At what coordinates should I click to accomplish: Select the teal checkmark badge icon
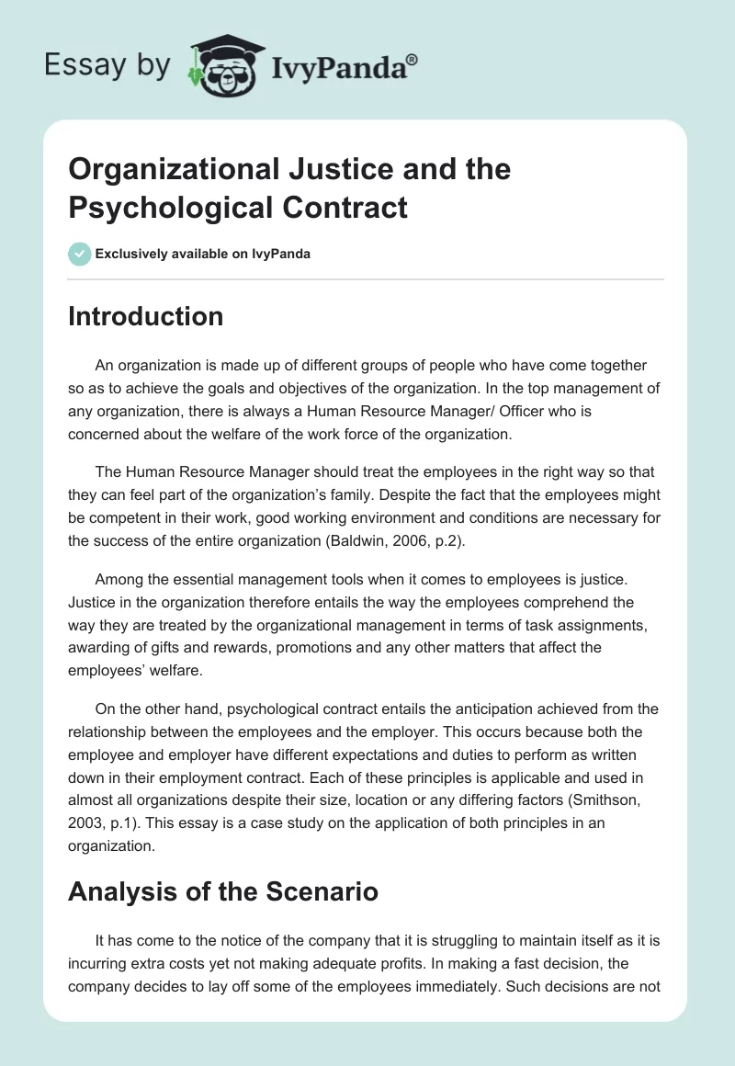pyautogui.click(x=80, y=254)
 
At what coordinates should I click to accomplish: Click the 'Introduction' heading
pyautogui.click(x=145, y=317)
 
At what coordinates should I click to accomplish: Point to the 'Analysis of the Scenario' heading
pyautogui.click(x=223, y=891)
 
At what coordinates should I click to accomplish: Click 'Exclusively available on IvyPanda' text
pyautogui.click(x=204, y=255)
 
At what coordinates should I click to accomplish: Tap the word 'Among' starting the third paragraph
pyautogui.click(x=118, y=577)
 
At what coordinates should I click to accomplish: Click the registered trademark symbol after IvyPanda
pyautogui.click(x=412, y=59)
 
